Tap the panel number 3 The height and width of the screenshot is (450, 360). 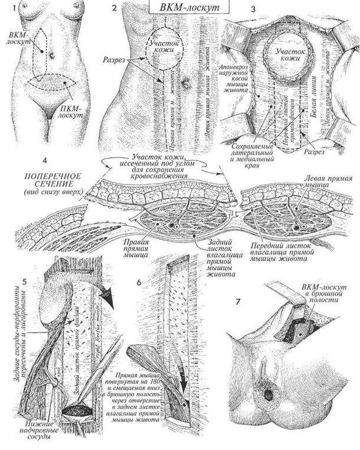[236, 9]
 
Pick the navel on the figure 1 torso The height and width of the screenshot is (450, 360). [52, 56]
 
